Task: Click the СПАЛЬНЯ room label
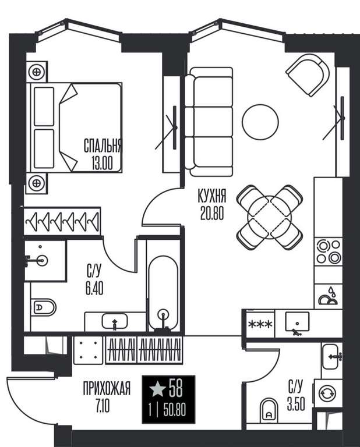click(x=103, y=146)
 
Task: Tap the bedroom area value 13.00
click(x=102, y=164)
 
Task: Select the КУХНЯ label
click(x=212, y=196)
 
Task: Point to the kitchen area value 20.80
click(x=212, y=213)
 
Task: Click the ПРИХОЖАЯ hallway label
click(x=107, y=388)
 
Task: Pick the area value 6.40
click(x=94, y=289)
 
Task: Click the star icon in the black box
click(x=158, y=389)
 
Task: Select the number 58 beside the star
click(x=175, y=388)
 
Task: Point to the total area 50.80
click(x=175, y=411)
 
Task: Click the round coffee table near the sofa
click(x=260, y=122)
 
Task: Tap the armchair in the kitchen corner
click(x=308, y=75)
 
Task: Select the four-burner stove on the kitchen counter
click(x=329, y=251)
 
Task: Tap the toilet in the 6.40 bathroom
click(x=43, y=307)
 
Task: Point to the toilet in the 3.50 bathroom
click(x=269, y=410)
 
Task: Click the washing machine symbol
click(x=328, y=393)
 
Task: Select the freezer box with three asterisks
click(x=261, y=324)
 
